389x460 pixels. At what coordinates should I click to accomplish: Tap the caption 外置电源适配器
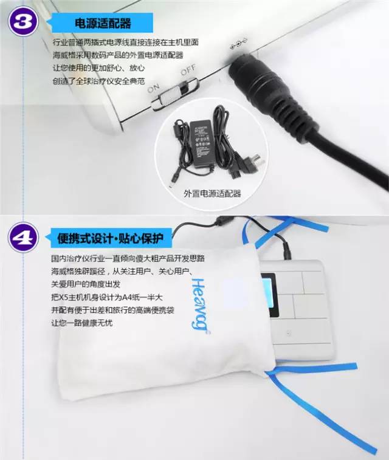(212, 193)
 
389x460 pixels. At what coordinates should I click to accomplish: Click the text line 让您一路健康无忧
(82, 323)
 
